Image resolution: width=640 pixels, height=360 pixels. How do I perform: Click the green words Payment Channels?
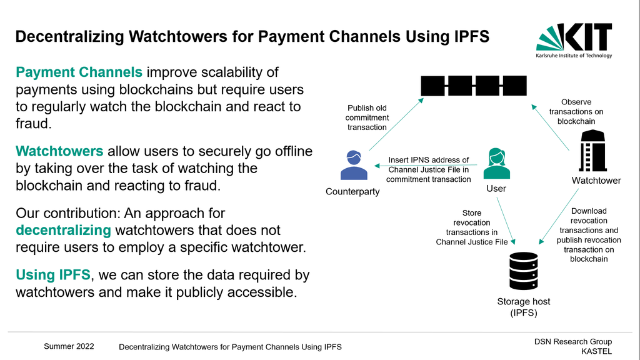coord(79,72)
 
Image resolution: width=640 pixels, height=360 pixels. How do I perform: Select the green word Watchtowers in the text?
coord(59,151)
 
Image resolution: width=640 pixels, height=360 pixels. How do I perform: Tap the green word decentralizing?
coord(63,230)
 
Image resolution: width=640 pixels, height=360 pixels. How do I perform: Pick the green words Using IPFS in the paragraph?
coord(53,275)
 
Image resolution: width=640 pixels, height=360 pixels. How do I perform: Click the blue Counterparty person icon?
coord(354,165)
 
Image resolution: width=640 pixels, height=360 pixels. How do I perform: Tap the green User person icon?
coord(496,163)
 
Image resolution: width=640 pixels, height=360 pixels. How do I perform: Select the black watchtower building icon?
coord(592,151)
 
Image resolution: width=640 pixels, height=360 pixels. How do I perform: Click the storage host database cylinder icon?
coord(524,271)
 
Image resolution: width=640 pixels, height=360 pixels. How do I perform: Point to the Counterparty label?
coord(352,191)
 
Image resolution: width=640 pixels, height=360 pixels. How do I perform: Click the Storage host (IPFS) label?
coord(524,307)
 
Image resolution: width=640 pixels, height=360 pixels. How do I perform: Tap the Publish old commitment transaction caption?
coord(367,117)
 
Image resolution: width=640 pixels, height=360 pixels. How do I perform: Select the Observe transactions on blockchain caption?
coord(576,111)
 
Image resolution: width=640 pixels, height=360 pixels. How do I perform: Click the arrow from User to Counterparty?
coord(426,165)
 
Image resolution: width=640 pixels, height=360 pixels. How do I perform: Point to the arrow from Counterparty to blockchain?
coord(396,124)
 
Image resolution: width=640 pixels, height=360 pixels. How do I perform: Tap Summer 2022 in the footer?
coord(69,346)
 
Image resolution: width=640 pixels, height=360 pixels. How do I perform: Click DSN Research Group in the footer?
coord(573,342)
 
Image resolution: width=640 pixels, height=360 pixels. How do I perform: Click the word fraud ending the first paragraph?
coord(34,123)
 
